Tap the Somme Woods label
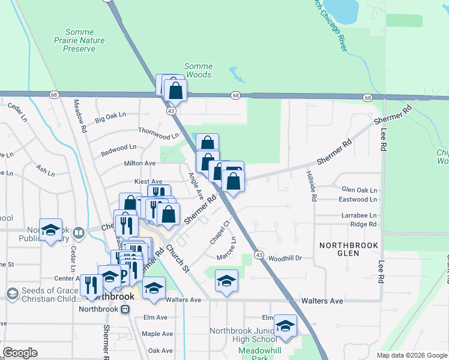click(198, 70)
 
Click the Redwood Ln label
click(118, 147)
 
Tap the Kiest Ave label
click(148, 181)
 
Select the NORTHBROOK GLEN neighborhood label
click(348, 250)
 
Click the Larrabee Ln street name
click(359, 215)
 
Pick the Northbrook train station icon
click(125, 310)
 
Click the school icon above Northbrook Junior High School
click(285, 326)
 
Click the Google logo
click(20, 353)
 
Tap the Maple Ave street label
click(157, 334)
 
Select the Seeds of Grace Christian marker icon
click(12, 293)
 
